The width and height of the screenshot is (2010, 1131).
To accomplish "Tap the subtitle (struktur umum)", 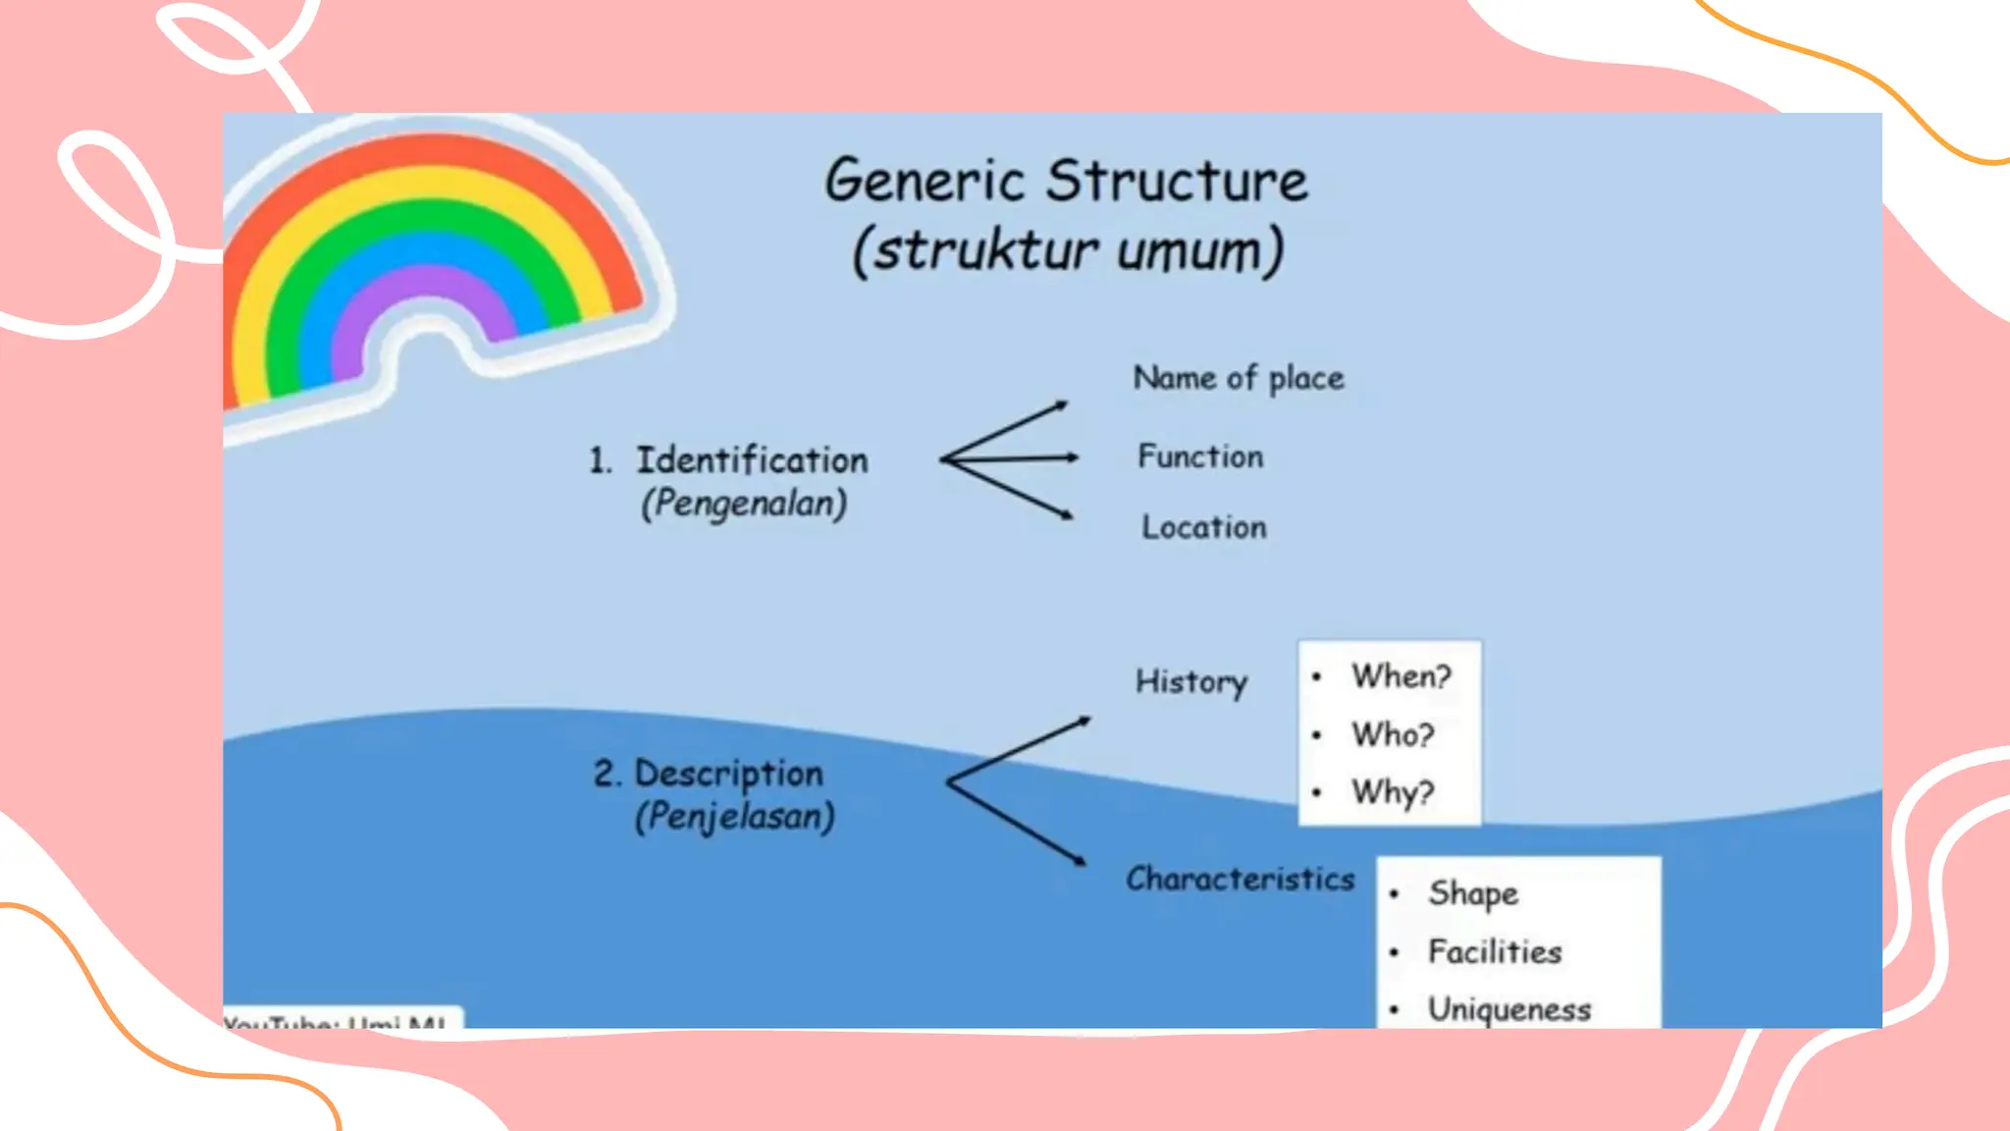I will (1068, 250).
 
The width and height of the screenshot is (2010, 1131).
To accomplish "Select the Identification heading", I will (751, 460).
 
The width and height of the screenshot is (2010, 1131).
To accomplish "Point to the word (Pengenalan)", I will (744, 504).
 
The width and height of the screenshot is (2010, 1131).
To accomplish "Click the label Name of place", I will (1238, 379).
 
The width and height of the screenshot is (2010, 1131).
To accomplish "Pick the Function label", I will (1199, 457).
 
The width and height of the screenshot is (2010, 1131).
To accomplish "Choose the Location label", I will (1203, 527).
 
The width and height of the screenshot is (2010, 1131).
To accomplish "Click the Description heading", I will (728, 774).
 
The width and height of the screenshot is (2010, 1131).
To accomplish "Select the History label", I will (1190, 681).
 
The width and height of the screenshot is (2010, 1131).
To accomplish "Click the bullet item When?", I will (1401, 676).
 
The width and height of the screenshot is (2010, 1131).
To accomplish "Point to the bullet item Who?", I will (1393, 734).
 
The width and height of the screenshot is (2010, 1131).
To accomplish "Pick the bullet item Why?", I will (1393, 792).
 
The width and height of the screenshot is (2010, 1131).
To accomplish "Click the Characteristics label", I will (1240, 879).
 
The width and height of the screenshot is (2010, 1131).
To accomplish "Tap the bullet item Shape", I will (1472, 893).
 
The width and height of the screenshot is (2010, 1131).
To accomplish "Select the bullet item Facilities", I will (1494, 951).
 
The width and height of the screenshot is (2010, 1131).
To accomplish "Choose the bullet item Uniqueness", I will (1508, 1009).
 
